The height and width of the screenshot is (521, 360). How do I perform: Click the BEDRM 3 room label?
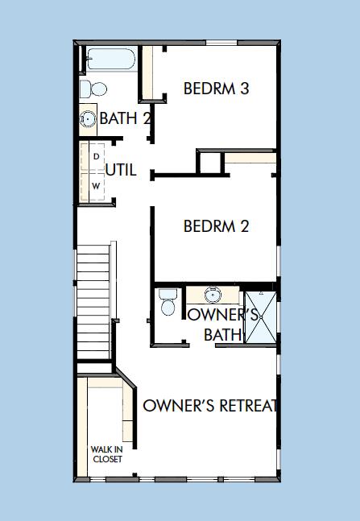[x=216, y=89]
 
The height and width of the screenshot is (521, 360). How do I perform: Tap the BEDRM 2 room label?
[x=216, y=226]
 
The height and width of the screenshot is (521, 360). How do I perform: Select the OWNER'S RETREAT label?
[x=210, y=405]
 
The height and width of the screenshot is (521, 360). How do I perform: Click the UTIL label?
[x=121, y=171]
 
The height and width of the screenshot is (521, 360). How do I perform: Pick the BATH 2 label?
[x=126, y=119]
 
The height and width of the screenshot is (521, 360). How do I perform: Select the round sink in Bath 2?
[x=88, y=119]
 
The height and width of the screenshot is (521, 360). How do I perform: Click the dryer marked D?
[x=96, y=155]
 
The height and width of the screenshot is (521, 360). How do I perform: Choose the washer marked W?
[x=96, y=186]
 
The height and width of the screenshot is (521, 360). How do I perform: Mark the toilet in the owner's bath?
[x=168, y=304]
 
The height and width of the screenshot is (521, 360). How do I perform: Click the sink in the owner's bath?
[x=213, y=293]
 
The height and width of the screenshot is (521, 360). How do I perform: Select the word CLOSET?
[x=106, y=459]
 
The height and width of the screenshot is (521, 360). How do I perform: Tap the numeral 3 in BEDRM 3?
[x=243, y=89]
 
